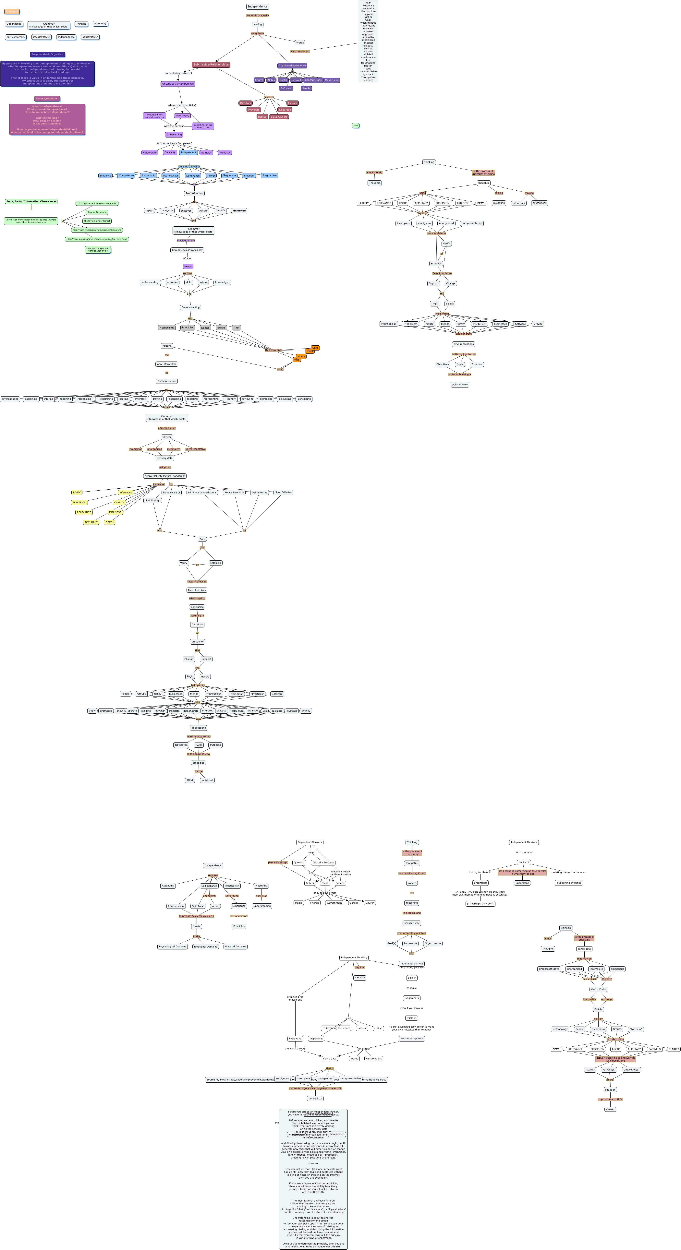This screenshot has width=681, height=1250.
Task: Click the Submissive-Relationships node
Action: pos(211,65)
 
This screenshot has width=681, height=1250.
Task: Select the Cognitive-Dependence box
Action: pos(292,65)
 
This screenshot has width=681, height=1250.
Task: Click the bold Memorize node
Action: pos(239,211)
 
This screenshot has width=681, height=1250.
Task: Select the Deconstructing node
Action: pos(190,308)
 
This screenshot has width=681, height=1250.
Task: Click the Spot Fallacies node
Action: pos(283,493)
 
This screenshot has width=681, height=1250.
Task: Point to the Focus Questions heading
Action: pos(47,99)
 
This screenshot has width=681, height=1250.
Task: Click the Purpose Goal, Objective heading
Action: pos(47,54)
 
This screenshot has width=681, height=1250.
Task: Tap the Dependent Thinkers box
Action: pos(310,842)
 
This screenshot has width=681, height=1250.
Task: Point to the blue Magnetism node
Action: pos(229,176)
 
